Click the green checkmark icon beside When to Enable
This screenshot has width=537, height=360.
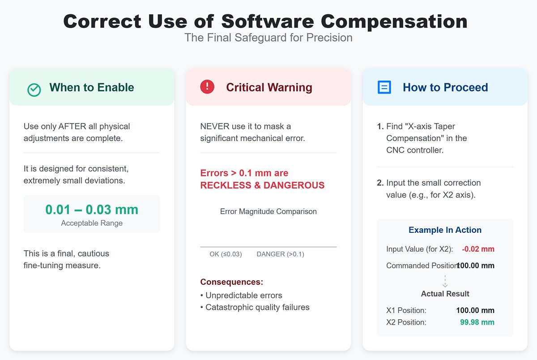pyautogui.click(x=34, y=90)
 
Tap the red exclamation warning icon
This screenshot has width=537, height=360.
pyautogui.click(x=207, y=87)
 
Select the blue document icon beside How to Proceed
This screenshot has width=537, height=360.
pyautogui.click(x=384, y=87)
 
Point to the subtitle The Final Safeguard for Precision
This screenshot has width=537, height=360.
pyautogui.click(x=268, y=38)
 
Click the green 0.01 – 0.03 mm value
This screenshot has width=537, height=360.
pyautogui.click(x=92, y=210)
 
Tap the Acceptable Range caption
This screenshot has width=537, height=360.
pyautogui.click(x=92, y=223)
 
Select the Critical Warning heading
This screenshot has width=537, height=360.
pyautogui.click(x=269, y=87)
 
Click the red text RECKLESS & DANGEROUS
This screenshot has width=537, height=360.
pyautogui.click(x=262, y=185)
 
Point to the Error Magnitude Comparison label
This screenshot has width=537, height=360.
pyautogui.click(x=268, y=211)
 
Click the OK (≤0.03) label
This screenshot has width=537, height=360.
pyautogui.click(x=226, y=254)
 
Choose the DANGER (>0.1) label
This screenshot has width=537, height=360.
pyautogui.click(x=280, y=254)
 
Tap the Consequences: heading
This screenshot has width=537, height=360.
pyautogui.click(x=231, y=282)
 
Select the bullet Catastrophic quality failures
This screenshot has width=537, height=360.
pyautogui.click(x=257, y=307)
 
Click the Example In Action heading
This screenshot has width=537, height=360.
pyautogui.click(x=445, y=230)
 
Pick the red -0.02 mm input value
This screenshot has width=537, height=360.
pyautogui.click(x=478, y=249)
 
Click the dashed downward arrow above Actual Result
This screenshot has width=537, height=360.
pyautogui.click(x=445, y=281)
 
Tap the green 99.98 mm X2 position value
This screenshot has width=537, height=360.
pyautogui.click(x=477, y=322)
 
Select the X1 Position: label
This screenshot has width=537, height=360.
pyautogui.click(x=406, y=310)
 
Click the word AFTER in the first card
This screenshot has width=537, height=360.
pyautogui.click(x=75, y=126)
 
